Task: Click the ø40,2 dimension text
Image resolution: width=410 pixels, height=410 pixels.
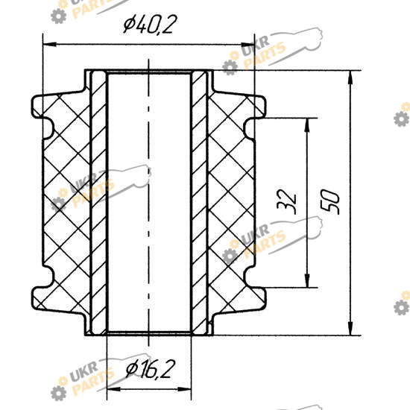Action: pyautogui.click(x=150, y=24)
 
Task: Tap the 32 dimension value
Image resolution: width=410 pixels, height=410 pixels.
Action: pyautogui.click(x=287, y=201)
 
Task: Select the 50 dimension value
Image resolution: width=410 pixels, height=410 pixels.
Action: pyautogui.click(x=330, y=201)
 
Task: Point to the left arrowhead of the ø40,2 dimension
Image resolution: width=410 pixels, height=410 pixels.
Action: pyautogui.click(x=49, y=44)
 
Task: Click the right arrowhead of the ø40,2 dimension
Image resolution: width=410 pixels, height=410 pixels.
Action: pyautogui.click(x=247, y=45)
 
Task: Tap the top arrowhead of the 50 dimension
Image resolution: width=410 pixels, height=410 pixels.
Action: pyautogui.click(x=350, y=78)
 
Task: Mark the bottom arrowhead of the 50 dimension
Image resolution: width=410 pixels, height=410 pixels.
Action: pyautogui.click(x=350, y=329)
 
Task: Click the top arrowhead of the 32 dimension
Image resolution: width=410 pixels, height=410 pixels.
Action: pyautogui.click(x=307, y=124)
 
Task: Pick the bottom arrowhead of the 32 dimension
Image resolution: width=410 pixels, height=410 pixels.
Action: pyautogui.click(x=307, y=281)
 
